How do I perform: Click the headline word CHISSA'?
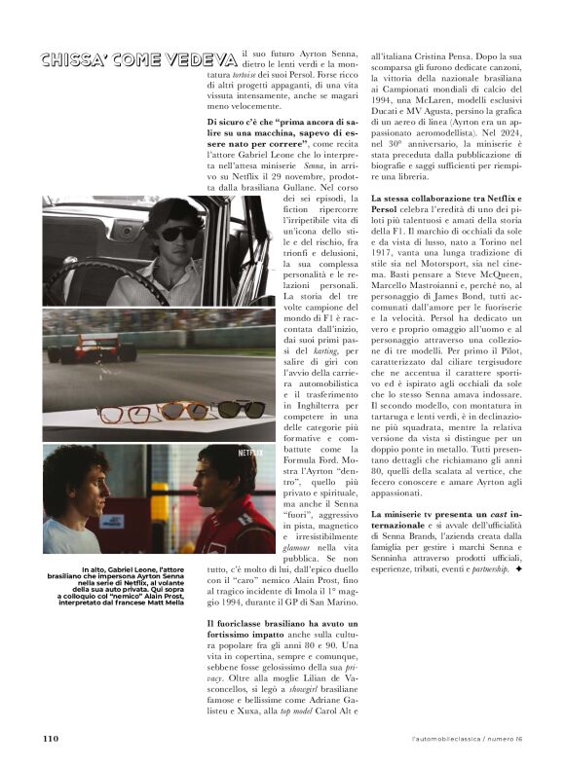click(75, 60)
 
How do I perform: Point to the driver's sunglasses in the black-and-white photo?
click(179, 234)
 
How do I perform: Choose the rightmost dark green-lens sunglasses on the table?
click(238, 409)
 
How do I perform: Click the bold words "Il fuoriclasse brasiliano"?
click(263, 622)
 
